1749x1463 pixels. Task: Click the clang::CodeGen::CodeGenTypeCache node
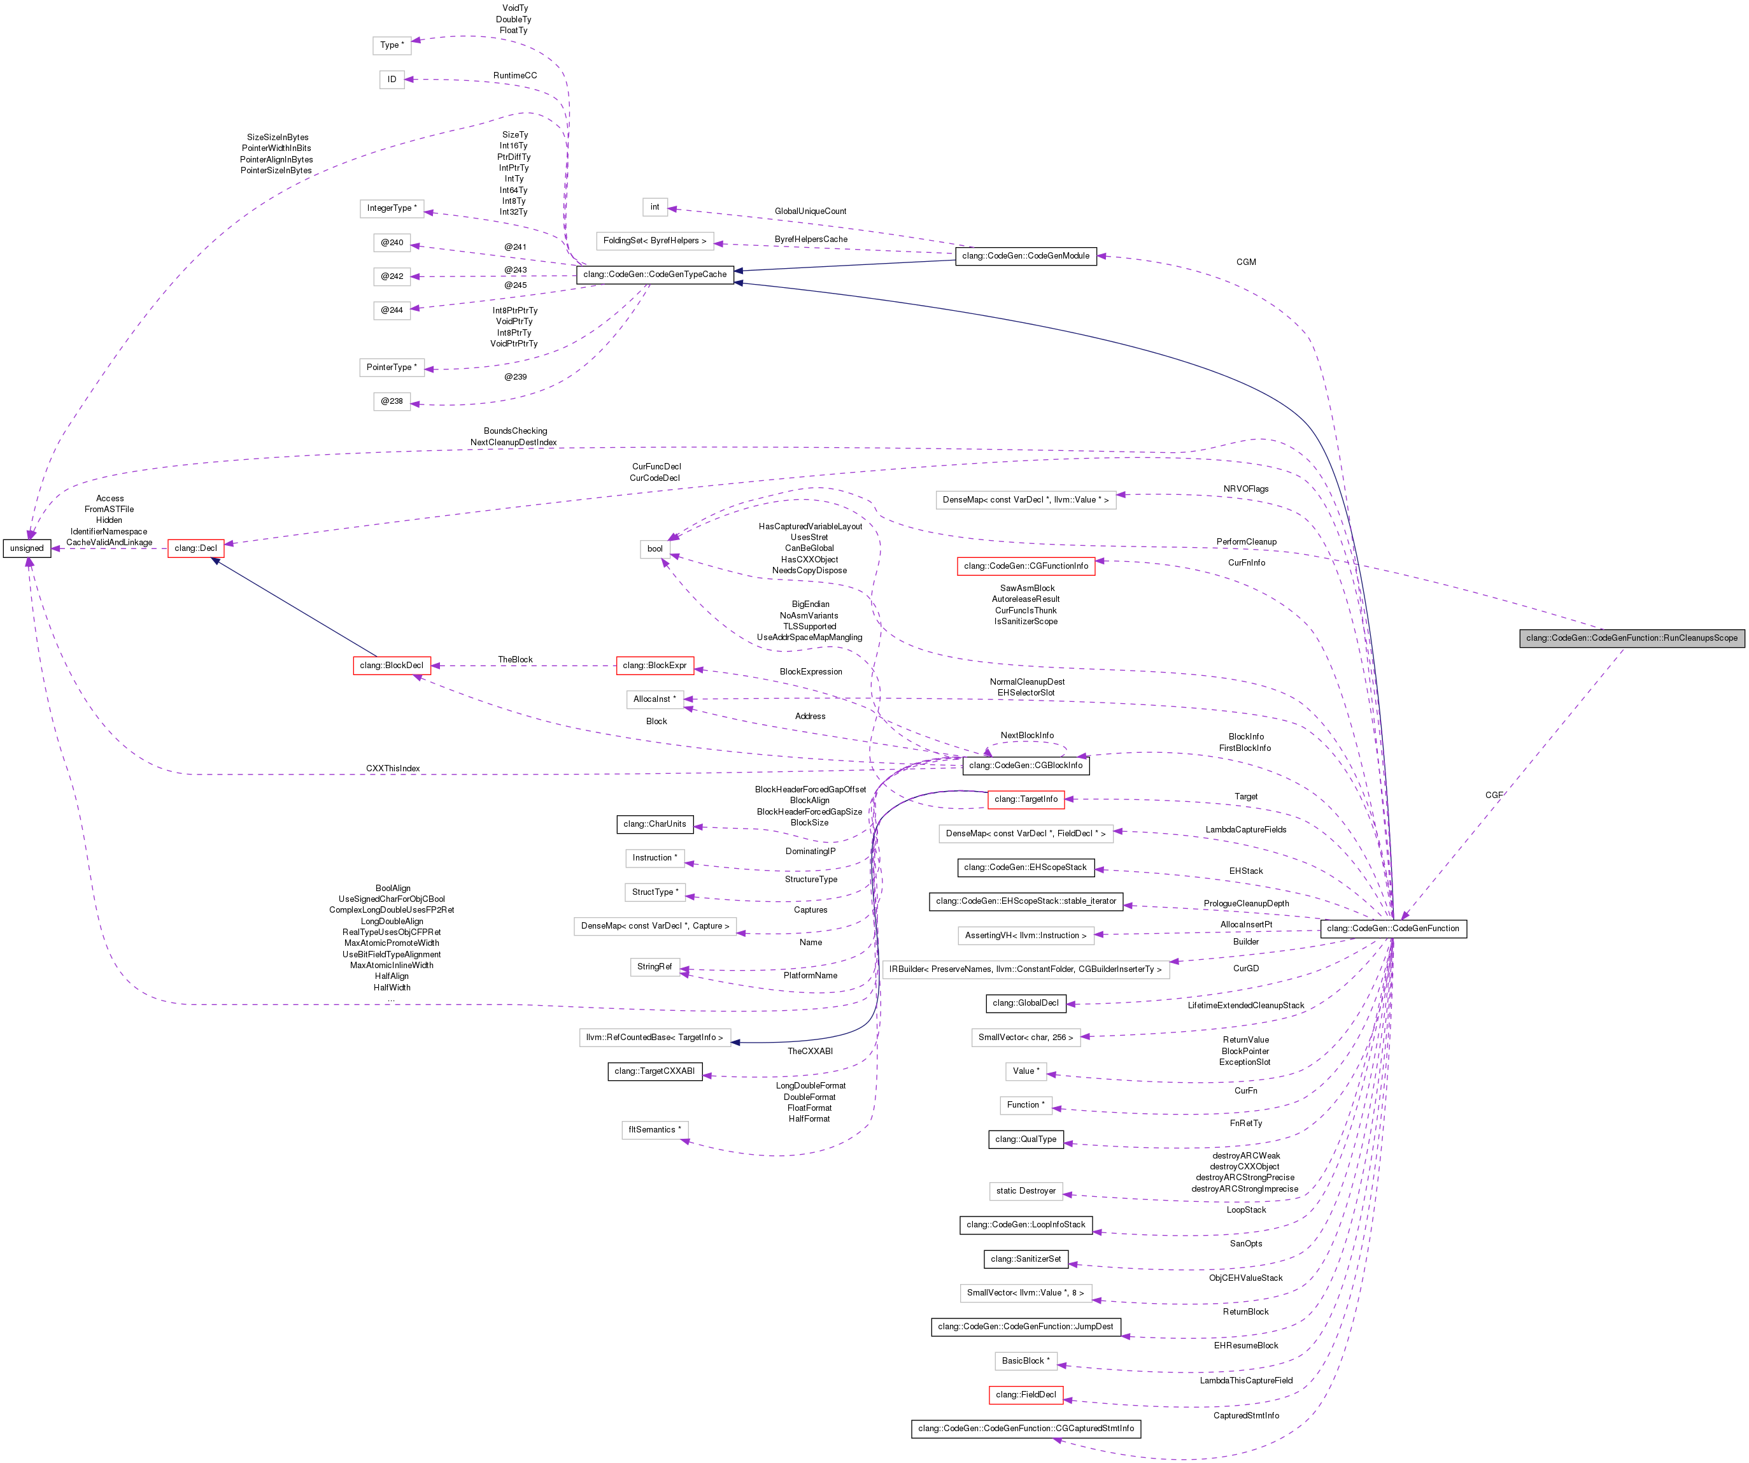(655, 274)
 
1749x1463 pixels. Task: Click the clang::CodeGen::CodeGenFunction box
(1392, 928)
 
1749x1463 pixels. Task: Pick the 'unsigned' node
(27, 548)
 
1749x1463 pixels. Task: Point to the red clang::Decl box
(195, 548)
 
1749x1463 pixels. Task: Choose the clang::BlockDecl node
(392, 666)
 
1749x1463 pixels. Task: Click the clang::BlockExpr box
(655, 666)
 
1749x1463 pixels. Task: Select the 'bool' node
(655, 548)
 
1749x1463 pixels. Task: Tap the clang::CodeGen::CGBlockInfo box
(1025, 765)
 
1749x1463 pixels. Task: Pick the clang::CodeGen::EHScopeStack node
(1025, 867)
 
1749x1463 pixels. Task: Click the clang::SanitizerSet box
(1025, 1259)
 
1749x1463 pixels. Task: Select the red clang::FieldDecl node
(1025, 1395)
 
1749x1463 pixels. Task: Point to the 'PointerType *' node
(392, 368)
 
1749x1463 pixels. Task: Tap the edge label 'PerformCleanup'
(1246, 541)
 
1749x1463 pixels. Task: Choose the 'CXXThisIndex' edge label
(393, 768)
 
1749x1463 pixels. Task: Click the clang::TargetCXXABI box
(655, 1071)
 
